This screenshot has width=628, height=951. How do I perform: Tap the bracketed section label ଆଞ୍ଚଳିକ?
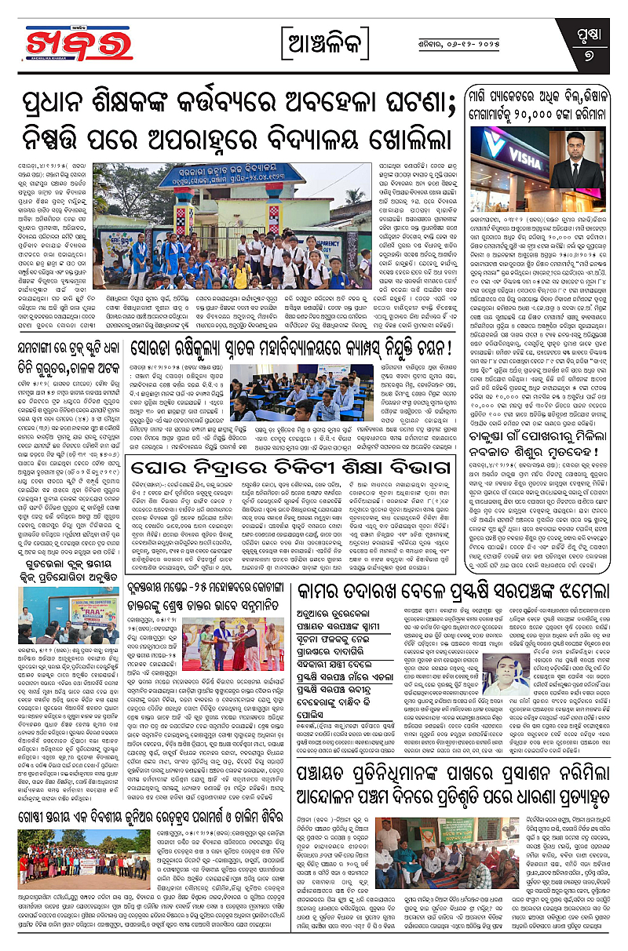(314, 40)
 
